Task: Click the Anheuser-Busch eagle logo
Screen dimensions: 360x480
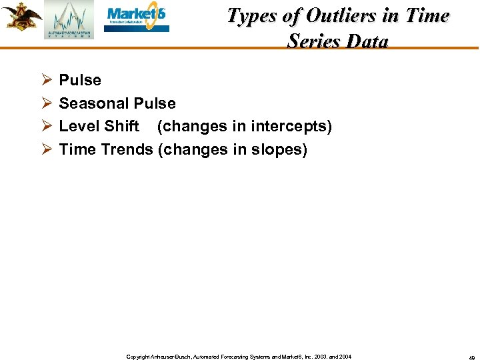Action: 21,17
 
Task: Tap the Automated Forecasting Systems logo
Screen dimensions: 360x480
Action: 69,20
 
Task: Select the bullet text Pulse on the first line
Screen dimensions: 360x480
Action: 80,81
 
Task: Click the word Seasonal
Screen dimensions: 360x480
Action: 94,104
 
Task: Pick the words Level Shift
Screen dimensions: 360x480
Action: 99,127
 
